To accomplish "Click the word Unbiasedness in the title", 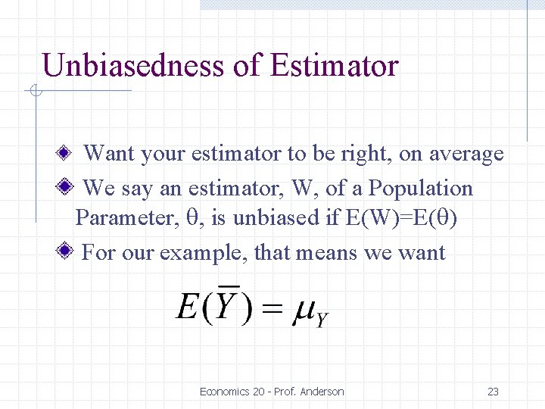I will coord(134,66).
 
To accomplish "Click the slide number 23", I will coord(493,392).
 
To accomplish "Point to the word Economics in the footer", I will coord(226,392).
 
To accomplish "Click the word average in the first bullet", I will coord(466,154).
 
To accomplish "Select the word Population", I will coord(422,188).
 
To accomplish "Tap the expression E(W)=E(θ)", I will coord(400,218).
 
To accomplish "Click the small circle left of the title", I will coord(34,91).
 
